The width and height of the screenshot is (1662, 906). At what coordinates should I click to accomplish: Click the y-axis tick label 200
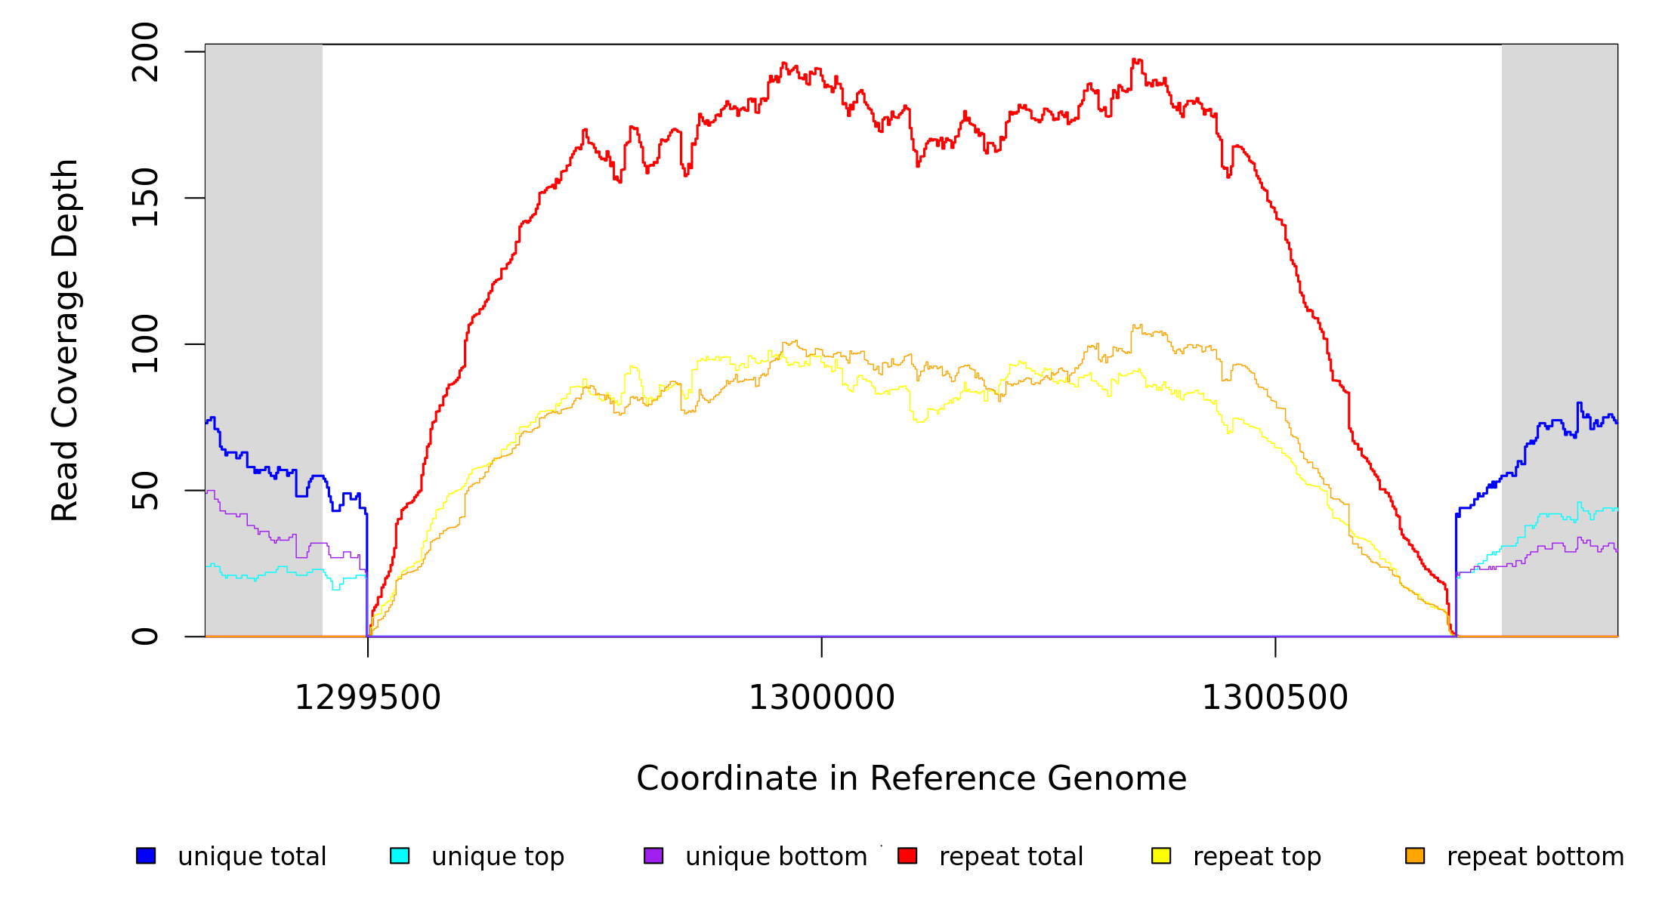(x=145, y=52)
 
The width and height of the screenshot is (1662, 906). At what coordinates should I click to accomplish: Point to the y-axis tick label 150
(x=145, y=198)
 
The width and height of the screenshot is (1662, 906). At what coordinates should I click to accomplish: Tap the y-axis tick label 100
(x=145, y=344)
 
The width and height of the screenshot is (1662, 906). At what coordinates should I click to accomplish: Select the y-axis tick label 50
(x=145, y=491)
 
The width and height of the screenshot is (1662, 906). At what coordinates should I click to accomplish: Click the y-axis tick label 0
(x=145, y=636)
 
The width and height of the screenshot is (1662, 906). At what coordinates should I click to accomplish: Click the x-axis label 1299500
(x=367, y=698)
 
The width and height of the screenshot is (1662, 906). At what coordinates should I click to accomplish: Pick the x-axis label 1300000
(x=821, y=698)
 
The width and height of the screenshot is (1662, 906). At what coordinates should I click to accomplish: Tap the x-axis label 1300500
(x=1274, y=698)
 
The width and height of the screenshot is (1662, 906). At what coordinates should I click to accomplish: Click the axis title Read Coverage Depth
(x=66, y=340)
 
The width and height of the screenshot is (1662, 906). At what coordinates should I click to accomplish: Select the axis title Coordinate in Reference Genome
(x=911, y=779)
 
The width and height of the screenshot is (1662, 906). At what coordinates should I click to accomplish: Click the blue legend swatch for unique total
(x=146, y=856)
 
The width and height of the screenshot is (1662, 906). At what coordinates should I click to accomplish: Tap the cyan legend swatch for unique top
(x=400, y=856)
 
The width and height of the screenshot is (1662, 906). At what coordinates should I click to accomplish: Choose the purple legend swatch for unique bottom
(x=653, y=856)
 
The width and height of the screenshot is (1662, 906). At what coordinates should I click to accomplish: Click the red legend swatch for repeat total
(x=907, y=856)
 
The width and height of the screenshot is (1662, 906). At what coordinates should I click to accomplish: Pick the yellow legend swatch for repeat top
(x=1161, y=856)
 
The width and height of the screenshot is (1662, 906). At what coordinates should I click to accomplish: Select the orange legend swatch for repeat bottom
(x=1415, y=856)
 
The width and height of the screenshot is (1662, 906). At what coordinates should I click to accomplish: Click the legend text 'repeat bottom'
(x=1535, y=857)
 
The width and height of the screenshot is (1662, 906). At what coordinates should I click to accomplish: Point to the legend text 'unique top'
(x=498, y=857)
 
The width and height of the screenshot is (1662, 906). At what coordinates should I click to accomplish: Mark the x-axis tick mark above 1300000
(x=821, y=647)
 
